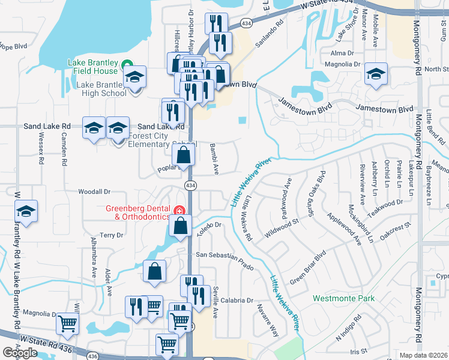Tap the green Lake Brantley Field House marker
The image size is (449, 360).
[x=127, y=64]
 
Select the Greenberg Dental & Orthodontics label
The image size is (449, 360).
[x=138, y=212]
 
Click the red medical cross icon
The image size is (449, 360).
[x=178, y=210]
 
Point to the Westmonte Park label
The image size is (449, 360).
[x=343, y=298]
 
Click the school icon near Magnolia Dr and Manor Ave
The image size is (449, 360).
[x=376, y=75]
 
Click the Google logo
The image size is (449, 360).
[x=20, y=353]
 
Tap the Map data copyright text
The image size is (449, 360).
[x=423, y=355]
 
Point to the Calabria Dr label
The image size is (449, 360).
[x=237, y=301]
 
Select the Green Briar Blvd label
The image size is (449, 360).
[x=308, y=268]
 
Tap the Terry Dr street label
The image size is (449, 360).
[x=111, y=235]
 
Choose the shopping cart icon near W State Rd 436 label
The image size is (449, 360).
[x=67, y=324]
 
